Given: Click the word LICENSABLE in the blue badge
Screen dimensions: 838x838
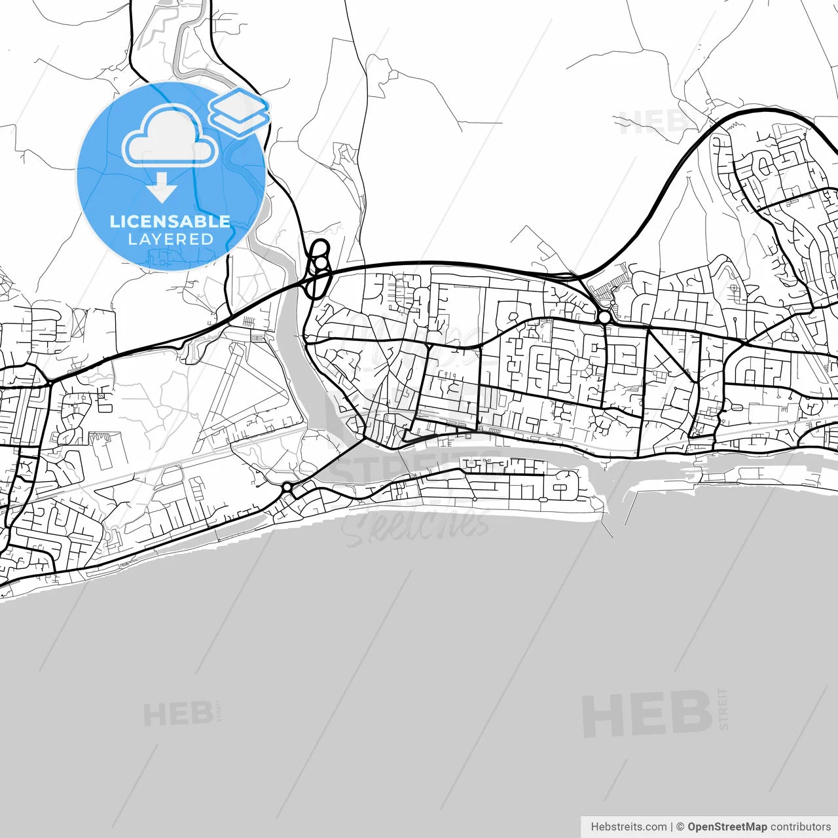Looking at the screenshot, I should point(170,221).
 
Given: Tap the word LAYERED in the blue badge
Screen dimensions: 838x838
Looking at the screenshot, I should point(170,239).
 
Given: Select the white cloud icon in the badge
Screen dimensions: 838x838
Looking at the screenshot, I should point(170,138).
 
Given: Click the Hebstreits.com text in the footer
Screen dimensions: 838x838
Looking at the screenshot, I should point(628,827).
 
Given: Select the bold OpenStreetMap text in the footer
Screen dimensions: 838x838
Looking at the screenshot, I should point(727,827).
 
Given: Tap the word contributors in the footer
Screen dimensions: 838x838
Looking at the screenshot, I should point(800,827).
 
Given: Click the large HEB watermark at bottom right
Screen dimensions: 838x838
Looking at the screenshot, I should point(646,714).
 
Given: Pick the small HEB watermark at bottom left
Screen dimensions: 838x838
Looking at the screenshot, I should point(177,714).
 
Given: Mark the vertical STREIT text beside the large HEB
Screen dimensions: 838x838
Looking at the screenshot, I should point(723,709).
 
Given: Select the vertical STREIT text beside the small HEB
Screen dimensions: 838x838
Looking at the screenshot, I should point(219,711).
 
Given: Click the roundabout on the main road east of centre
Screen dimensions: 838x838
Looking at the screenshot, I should point(604,318).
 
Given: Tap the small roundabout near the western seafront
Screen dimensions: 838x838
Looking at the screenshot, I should point(287,487).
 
